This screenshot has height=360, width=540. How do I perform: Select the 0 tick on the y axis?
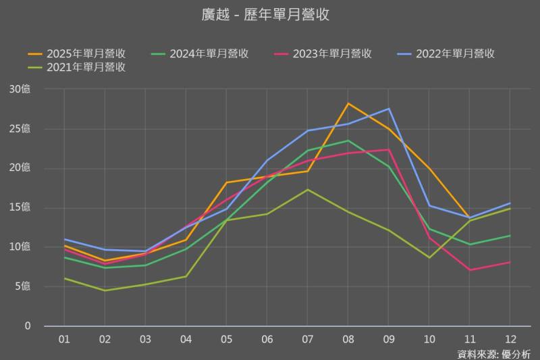(x=28, y=326)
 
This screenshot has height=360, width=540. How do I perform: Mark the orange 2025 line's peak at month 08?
(x=348, y=103)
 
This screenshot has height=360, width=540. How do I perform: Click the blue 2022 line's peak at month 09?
(x=389, y=108)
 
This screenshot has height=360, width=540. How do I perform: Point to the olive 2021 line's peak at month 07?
(x=307, y=189)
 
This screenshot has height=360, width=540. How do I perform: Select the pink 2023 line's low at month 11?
(x=470, y=270)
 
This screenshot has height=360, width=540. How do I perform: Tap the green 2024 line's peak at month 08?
(x=348, y=140)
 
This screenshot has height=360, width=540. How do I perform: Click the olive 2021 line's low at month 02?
(x=104, y=290)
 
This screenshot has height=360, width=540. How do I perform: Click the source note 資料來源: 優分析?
(x=493, y=353)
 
